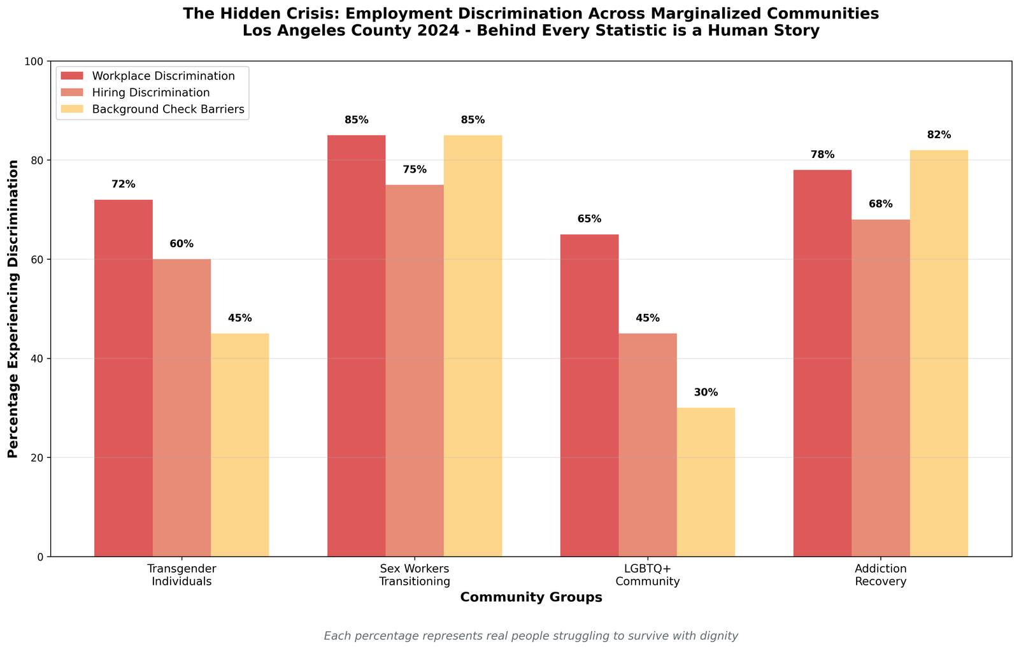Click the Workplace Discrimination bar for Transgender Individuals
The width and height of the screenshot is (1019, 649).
click(124, 378)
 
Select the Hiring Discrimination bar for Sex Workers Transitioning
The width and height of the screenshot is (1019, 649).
click(415, 371)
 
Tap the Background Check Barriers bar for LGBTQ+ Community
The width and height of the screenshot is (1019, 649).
click(706, 482)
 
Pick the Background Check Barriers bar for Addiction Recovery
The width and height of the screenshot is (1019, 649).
click(939, 353)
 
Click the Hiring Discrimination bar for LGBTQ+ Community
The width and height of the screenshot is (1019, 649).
click(648, 445)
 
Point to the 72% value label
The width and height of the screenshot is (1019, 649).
click(124, 185)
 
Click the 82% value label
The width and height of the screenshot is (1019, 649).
click(939, 135)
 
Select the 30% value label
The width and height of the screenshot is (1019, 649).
click(706, 393)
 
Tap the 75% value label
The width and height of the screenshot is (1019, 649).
click(415, 170)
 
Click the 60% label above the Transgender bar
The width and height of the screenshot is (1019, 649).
click(182, 244)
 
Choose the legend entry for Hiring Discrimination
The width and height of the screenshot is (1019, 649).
click(151, 92)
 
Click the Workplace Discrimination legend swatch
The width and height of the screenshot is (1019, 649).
click(73, 76)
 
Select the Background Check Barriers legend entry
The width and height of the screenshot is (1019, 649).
click(167, 109)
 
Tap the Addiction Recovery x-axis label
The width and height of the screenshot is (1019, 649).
click(881, 575)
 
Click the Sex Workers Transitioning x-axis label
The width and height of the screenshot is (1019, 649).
click(415, 575)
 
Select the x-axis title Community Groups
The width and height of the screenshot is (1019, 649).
click(531, 598)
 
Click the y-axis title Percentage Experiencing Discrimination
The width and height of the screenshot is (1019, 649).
click(13, 309)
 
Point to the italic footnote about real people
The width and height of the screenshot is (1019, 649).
click(531, 636)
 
